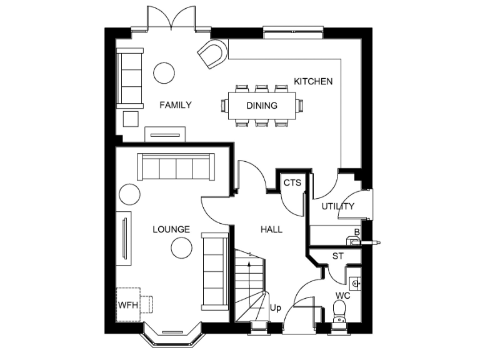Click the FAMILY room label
click(x=175, y=105)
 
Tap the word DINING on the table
click(x=262, y=106)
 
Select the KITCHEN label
click(x=313, y=81)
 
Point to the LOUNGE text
click(x=171, y=229)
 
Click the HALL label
click(x=271, y=229)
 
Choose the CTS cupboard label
click(x=292, y=183)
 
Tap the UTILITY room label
click(x=338, y=206)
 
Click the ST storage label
click(x=338, y=256)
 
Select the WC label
click(x=342, y=294)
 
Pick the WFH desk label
click(x=127, y=306)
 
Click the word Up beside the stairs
click(x=274, y=307)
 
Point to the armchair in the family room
click(x=212, y=55)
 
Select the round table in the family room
click(x=165, y=72)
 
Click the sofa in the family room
click(x=130, y=77)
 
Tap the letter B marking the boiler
click(x=357, y=232)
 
